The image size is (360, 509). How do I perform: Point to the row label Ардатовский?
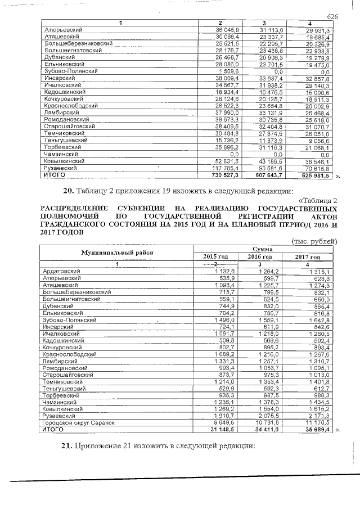[62, 271]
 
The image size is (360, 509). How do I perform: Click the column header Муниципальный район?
[116, 253]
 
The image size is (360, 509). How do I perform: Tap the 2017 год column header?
[307, 256]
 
